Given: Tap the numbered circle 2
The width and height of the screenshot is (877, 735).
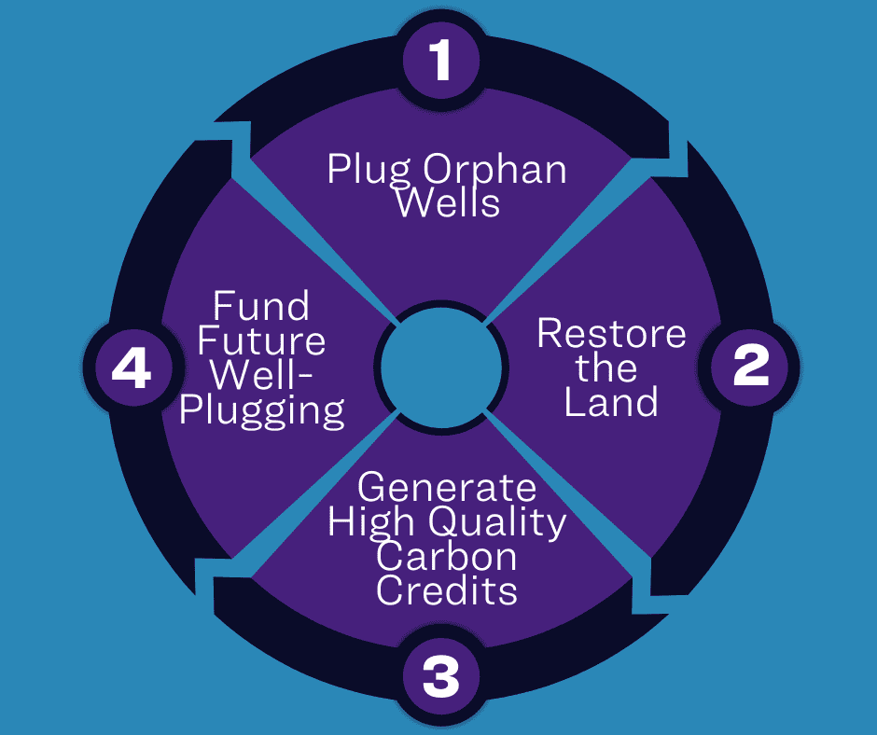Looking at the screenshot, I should coord(751,367).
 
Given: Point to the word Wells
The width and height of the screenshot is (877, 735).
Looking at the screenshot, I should coord(448,201).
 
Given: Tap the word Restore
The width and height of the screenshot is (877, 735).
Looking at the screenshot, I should coord(611,334).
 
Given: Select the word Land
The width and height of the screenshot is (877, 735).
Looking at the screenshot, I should coord(611,402).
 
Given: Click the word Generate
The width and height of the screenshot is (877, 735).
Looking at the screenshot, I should coord(447,488).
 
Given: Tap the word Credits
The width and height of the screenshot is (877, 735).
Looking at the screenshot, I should coord(447,590).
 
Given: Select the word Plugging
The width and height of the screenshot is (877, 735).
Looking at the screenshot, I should coord(262,410).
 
